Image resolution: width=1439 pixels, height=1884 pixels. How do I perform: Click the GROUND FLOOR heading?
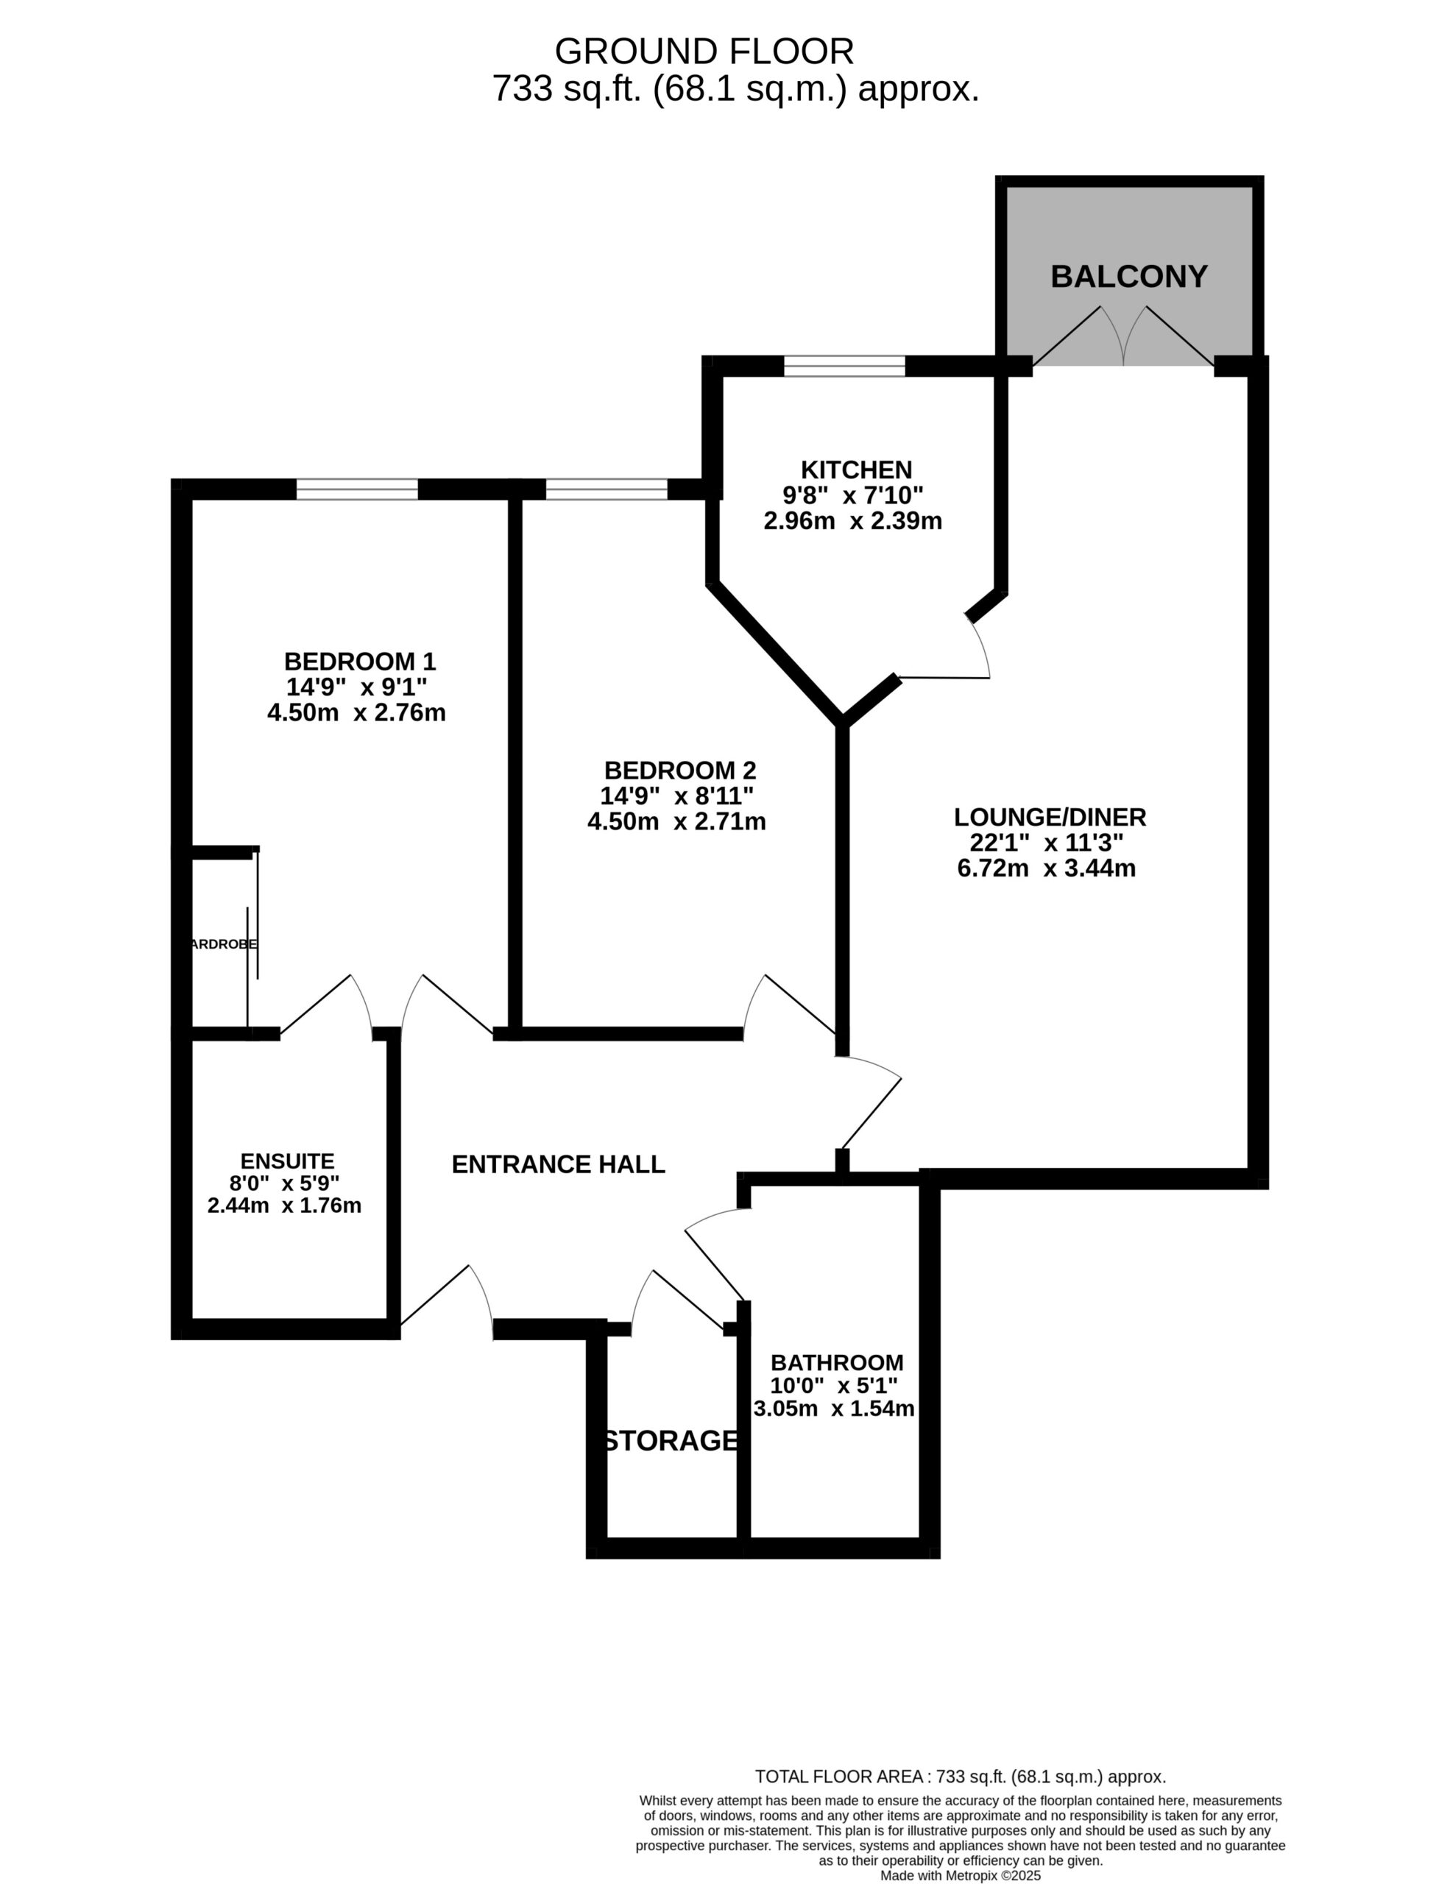pyautogui.click(x=704, y=52)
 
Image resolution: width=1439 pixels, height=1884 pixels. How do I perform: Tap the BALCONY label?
pyautogui.click(x=1129, y=276)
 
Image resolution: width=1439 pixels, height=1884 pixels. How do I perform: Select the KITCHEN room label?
pyautogui.click(x=857, y=470)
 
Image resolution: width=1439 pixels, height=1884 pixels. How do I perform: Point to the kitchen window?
pyautogui.click(x=844, y=366)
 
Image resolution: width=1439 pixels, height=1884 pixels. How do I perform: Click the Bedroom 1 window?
pyautogui.click(x=357, y=489)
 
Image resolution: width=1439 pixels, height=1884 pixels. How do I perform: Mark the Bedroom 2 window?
pyautogui.click(x=607, y=489)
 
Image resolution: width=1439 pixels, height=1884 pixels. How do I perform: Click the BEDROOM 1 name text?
pyautogui.click(x=360, y=661)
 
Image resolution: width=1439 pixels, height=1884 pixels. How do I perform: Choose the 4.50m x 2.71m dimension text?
pyautogui.click(x=676, y=821)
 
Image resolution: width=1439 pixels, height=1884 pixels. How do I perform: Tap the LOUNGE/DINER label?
pyautogui.click(x=1050, y=817)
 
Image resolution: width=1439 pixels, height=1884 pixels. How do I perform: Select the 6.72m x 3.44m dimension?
pyautogui.click(x=1047, y=868)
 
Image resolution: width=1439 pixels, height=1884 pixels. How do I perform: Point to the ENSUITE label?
pyautogui.click(x=287, y=1161)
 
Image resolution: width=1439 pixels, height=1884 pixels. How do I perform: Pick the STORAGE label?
pyautogui.click(x=670, y=1441)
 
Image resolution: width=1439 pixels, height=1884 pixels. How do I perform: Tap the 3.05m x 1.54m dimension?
pyautogui.click(x=834, y=1409)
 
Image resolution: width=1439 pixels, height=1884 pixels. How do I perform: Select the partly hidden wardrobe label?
pyautogui.click(x=224, y=943)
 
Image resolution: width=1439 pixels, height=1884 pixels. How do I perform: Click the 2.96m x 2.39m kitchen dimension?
pyautogui.click(x=853, y=520)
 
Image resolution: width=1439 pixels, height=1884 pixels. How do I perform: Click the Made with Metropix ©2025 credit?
pyautogui.click(x=961, y=1874)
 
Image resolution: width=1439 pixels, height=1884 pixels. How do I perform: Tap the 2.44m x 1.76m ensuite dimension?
pyautogui.click(x=284, y=1205)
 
